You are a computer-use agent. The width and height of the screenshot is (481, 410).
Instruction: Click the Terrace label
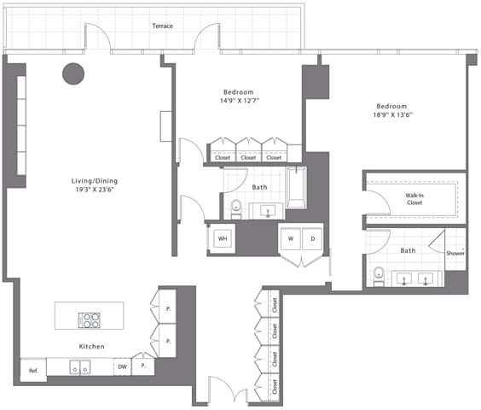(x=162, y=26)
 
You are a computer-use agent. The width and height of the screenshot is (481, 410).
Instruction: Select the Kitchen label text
(x=91, y=346)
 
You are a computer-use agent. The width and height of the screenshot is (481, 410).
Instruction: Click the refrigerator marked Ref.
(x=33, y=370)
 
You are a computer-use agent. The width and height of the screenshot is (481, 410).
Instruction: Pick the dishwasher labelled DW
(x=122, y=366)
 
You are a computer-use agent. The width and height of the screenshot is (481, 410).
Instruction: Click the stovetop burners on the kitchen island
(x=90, y=320)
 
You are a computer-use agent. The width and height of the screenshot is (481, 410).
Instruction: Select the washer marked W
(x=292, y=237)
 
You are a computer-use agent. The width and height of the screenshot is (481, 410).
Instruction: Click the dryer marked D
(x=313, y=237)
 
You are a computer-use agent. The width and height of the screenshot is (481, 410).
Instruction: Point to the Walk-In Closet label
(x=414, y=199)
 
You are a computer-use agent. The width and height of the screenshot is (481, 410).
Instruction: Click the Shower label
(x=455, y=253)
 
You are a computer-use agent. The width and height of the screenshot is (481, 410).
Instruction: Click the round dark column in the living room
(x=72, y=73)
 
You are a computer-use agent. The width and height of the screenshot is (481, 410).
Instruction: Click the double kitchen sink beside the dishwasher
(x=80, y=367)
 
